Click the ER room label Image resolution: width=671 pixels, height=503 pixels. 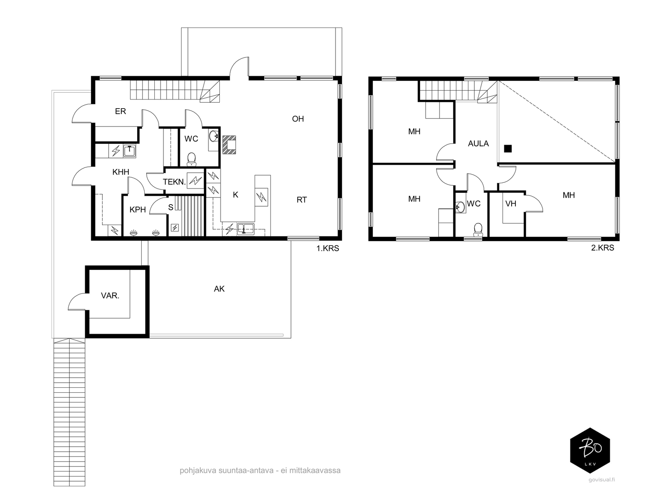[120, 111]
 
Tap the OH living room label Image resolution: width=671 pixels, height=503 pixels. [298, 119]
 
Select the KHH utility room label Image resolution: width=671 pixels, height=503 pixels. [121, 172]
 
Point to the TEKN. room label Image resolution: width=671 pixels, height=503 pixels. [174, 182]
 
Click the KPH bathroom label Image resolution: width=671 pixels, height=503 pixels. [138, 210]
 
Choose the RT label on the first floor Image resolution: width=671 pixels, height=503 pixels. [302, 200]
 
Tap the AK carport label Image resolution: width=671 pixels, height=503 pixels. [219, 289]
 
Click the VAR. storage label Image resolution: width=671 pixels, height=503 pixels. [110, 296]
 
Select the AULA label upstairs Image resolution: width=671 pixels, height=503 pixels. [479, 143]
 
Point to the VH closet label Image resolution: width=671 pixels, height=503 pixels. [511, 203]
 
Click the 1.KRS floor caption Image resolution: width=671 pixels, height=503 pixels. [328, 249]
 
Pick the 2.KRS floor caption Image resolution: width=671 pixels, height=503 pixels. [603, 248]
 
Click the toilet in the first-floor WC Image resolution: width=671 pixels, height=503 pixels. [191, 159]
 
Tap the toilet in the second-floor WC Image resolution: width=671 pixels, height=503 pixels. [478, 230]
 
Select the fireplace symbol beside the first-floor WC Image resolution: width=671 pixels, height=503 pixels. [229, 145]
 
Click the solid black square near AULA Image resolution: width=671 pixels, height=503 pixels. [508, 148]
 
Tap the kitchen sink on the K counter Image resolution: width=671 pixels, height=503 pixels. [245, 229]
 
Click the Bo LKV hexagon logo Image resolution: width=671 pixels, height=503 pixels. [590, 451]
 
